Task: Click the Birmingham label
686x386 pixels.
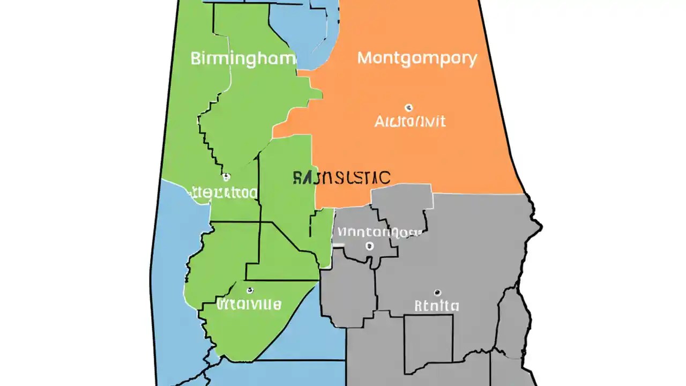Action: (x=243, y=58)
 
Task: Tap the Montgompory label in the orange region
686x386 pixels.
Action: (x=417, y=58)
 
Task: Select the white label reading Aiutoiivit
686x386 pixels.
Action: (x=409, y=121)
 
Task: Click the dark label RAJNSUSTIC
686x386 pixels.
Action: (x=342, y=177)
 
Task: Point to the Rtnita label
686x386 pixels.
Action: (x=437, y=306)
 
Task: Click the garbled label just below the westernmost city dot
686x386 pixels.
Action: (x=224, y=192)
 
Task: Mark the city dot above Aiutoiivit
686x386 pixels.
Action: (x=409, y=107)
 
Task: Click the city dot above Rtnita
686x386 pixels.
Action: (x=437, y=293)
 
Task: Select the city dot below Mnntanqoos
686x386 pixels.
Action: (x=369, y=246)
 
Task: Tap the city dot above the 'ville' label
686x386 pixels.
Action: (x=250, y=291)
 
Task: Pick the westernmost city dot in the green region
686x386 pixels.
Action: (x=226, y=176)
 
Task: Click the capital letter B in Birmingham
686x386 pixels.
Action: (x=196, y=58)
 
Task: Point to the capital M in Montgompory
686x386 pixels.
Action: (x=364, y=58)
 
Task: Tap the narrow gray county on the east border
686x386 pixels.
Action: (x=512, y=322)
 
